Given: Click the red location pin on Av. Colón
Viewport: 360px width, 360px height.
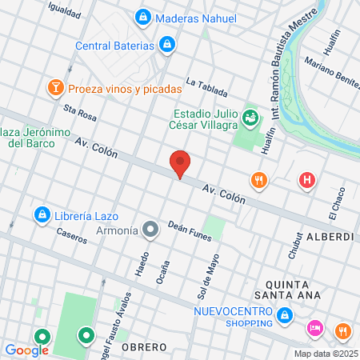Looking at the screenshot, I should coord(181,164).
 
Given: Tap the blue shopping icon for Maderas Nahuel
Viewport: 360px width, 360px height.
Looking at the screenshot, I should coord(142,17).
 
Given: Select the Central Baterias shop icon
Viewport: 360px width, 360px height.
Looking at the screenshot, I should coord(166,45).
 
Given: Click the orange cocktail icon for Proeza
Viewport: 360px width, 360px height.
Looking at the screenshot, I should coord(56,87).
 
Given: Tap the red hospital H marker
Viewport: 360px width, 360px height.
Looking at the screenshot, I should coord(306,181).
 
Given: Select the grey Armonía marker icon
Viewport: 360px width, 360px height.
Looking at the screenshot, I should coord(150,230).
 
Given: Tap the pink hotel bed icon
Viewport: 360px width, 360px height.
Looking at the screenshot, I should coord(314,329).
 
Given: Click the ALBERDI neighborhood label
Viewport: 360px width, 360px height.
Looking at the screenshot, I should coord(330,238).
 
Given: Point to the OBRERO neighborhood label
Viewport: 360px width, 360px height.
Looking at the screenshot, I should coord(143,347).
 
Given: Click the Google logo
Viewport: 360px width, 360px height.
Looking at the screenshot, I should coord(26,350).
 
